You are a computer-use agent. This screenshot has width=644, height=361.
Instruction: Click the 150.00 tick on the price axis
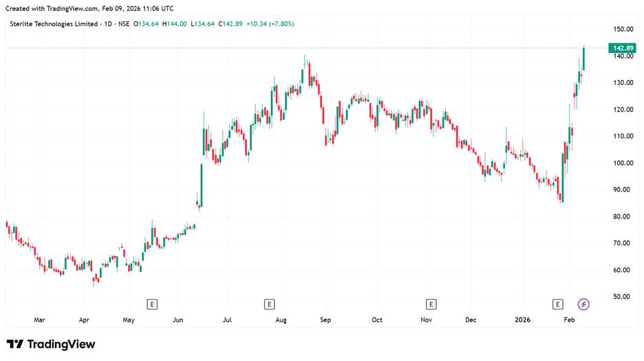(x=624, y=30)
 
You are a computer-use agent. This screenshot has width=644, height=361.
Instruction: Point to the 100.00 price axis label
(x=624, y=163)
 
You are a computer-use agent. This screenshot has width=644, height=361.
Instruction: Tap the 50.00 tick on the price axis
(x=624, y=297)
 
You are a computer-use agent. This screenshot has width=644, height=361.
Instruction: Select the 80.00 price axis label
(x=624, y=217)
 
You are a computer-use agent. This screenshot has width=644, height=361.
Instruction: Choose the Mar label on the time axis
(x=39, y=320)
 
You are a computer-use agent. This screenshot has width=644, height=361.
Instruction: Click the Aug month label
(x=281, y=320)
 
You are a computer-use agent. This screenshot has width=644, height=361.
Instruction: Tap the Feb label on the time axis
(x=570, y=320)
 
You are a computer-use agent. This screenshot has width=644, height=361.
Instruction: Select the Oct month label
(x=376, y=320)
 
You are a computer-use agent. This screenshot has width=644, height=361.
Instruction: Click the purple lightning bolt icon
(x=583, y=304)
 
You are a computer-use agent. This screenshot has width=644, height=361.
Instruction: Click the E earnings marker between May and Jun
(x=153, y=304)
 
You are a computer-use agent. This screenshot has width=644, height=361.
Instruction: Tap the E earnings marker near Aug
(x=270, y=304)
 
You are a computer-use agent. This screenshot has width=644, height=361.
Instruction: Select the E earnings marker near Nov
(x=431, y=304)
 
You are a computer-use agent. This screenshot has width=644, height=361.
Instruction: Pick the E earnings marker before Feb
(x=558, y=304)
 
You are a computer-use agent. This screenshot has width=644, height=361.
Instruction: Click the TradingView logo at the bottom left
(x=51, y=344)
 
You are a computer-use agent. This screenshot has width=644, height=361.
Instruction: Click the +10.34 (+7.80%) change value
(x=272, y=24)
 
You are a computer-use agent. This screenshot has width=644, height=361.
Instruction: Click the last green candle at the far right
(x=583, y=59)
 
